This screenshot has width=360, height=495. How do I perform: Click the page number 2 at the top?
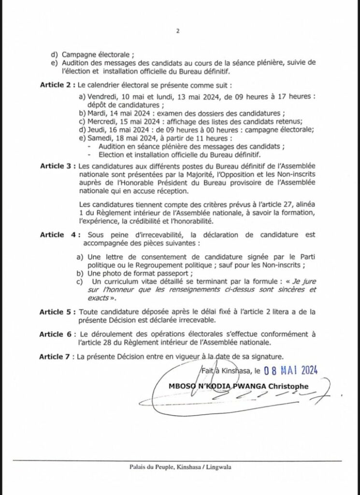coord(178,32)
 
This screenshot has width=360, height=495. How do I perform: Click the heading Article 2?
coord(57,85)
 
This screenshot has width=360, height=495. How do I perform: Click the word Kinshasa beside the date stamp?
coord(235,372)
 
